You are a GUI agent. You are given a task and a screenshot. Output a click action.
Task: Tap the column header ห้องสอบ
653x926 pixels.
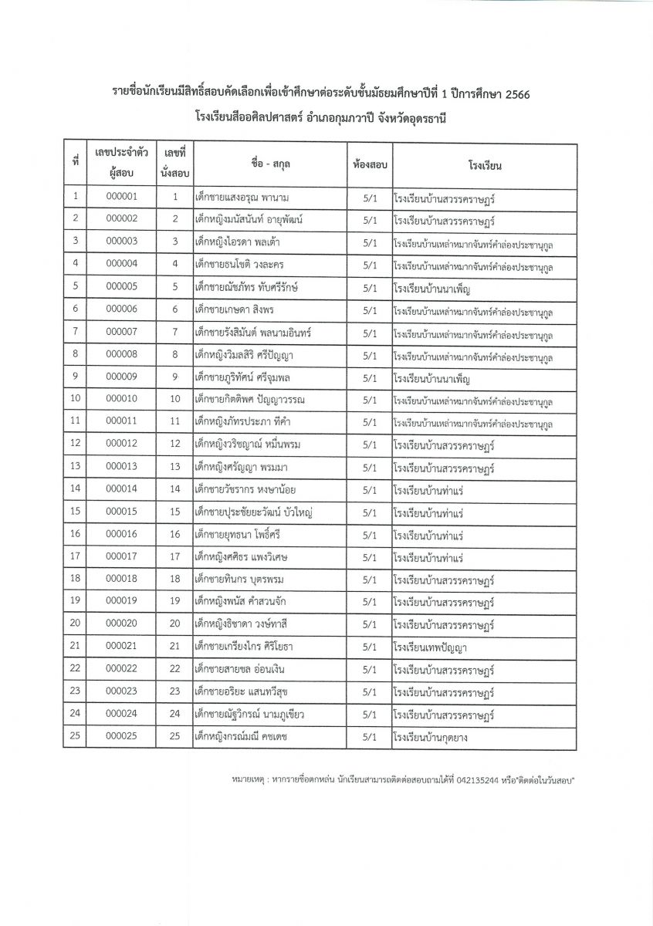369,164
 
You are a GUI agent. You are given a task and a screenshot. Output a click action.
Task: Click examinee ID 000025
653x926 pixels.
121,736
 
